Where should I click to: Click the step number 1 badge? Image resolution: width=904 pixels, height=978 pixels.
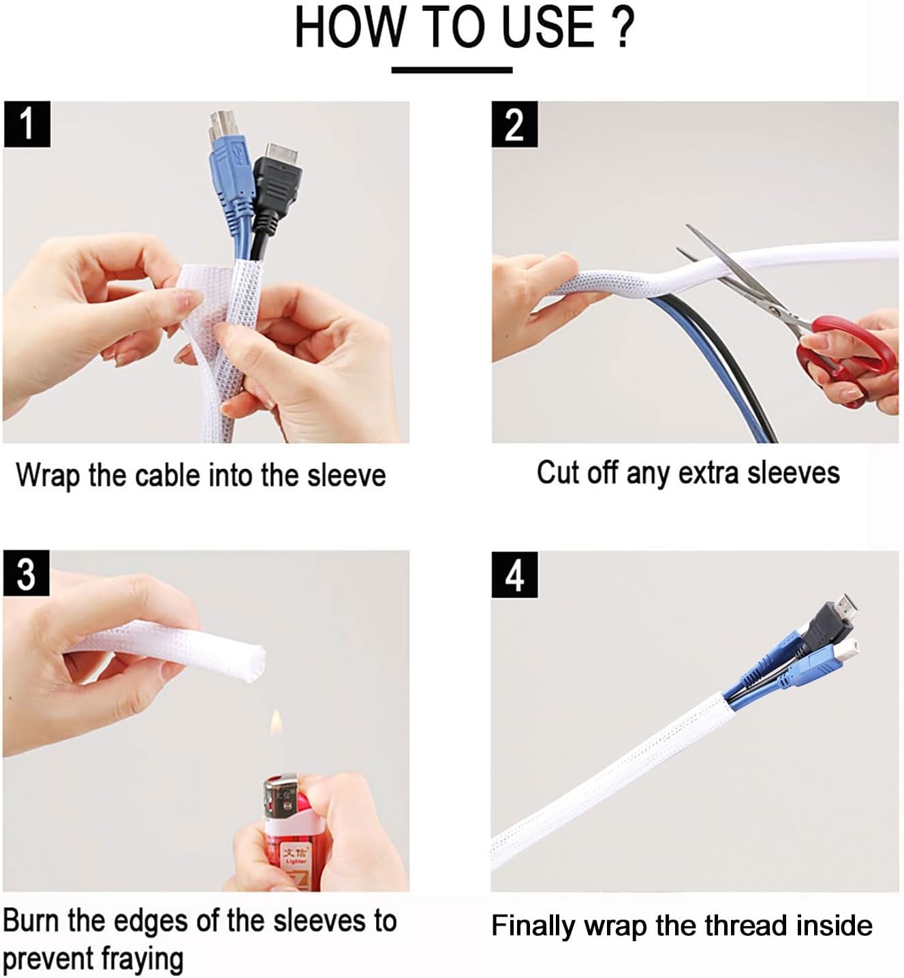coord(27,124)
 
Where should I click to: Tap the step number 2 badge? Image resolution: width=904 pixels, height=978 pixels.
coord(514,124)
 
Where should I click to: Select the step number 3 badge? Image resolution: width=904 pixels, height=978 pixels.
coord(26,574)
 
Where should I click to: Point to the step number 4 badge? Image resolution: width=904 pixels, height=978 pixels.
coord(514,575)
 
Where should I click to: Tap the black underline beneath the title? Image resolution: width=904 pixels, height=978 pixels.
coord(452,70)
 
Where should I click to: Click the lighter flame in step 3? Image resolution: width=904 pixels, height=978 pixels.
coord(276,723)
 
